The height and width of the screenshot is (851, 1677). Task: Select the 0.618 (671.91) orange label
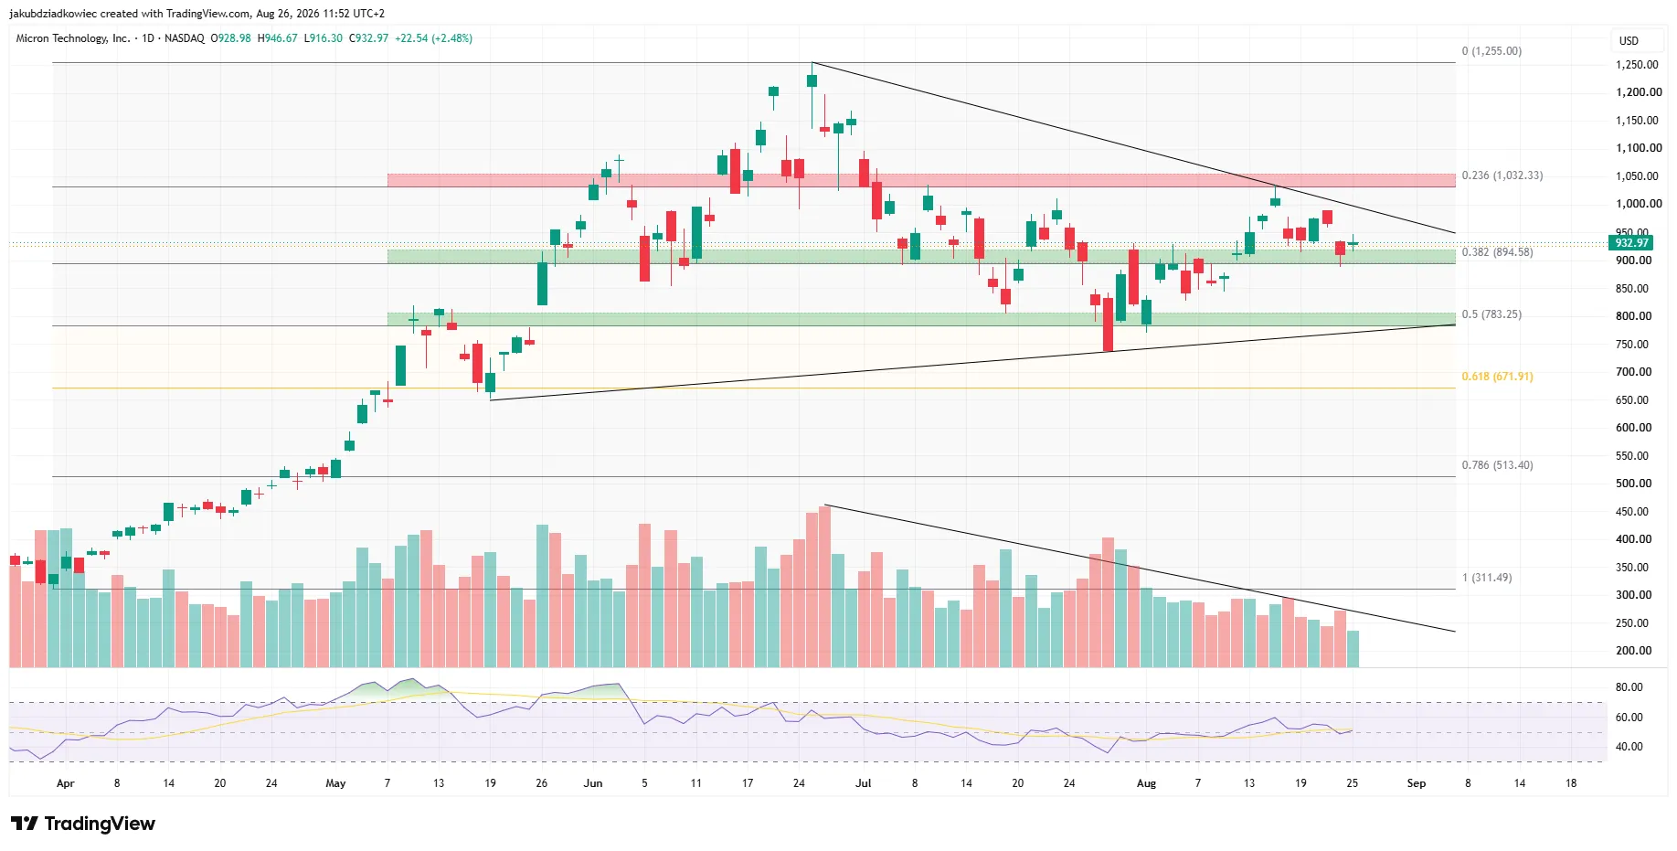click(1497, 377)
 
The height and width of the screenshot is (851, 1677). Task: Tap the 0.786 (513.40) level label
click(1497, 465)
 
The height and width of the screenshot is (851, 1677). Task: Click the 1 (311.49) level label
click(1487, 578)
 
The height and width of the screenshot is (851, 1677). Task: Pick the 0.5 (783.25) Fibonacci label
click(1491, 314)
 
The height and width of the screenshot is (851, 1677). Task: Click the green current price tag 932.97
click(1631, 243)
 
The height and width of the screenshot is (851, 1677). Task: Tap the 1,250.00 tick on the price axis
click(1637, 65)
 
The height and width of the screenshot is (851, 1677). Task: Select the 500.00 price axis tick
click(1634, 484)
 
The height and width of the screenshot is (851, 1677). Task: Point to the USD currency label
click(1629, 41)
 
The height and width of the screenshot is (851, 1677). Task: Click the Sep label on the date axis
click(1416, 783)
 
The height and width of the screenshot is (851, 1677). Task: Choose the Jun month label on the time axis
click(593, 783)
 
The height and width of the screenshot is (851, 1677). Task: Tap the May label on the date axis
click(335, 783)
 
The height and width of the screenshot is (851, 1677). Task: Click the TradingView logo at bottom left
click(83, 824)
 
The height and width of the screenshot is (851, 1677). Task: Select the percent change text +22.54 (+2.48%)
click(433, 38)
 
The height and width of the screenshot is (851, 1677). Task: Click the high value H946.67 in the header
click(277, 38)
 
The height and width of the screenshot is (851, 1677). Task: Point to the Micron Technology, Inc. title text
click(73, 38)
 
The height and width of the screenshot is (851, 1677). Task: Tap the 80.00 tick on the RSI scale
click(1629, 687)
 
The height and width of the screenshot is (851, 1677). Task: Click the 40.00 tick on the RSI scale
click(1629, 747)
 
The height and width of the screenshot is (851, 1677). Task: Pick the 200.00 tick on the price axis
click(1634, 651)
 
